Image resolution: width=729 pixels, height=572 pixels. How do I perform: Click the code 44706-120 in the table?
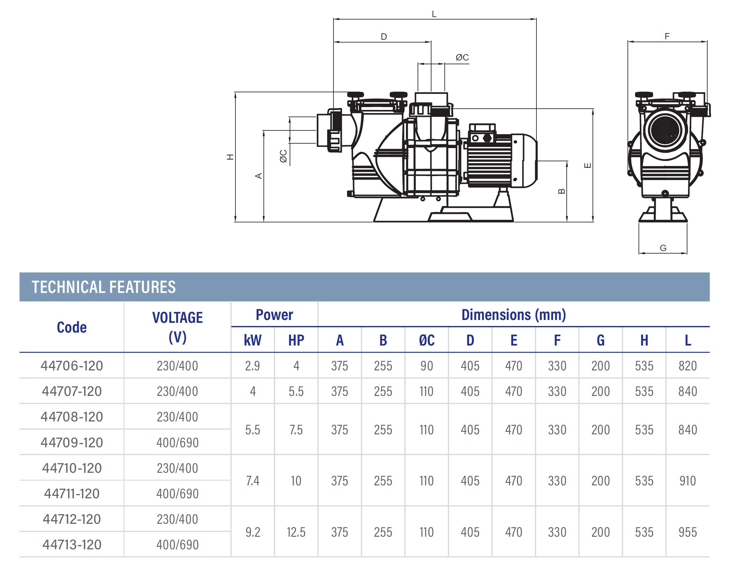coord(72,366)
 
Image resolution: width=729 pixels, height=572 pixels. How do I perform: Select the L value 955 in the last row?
coord(687,532)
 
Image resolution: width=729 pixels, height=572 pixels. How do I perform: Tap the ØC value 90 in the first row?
coord(426,366)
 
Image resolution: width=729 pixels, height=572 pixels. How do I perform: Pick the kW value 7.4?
coord(252,481)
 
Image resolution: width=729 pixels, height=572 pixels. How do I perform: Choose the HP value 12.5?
coord(296,532)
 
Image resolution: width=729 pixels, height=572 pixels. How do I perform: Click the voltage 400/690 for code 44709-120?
coord(177,443)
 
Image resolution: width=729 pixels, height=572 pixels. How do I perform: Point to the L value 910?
coord(687,481)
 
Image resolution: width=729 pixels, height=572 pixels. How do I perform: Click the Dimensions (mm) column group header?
coord(514,315)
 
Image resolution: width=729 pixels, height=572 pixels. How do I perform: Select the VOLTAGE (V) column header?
coord(177,327)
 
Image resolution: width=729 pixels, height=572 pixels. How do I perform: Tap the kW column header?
coord(252,340)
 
